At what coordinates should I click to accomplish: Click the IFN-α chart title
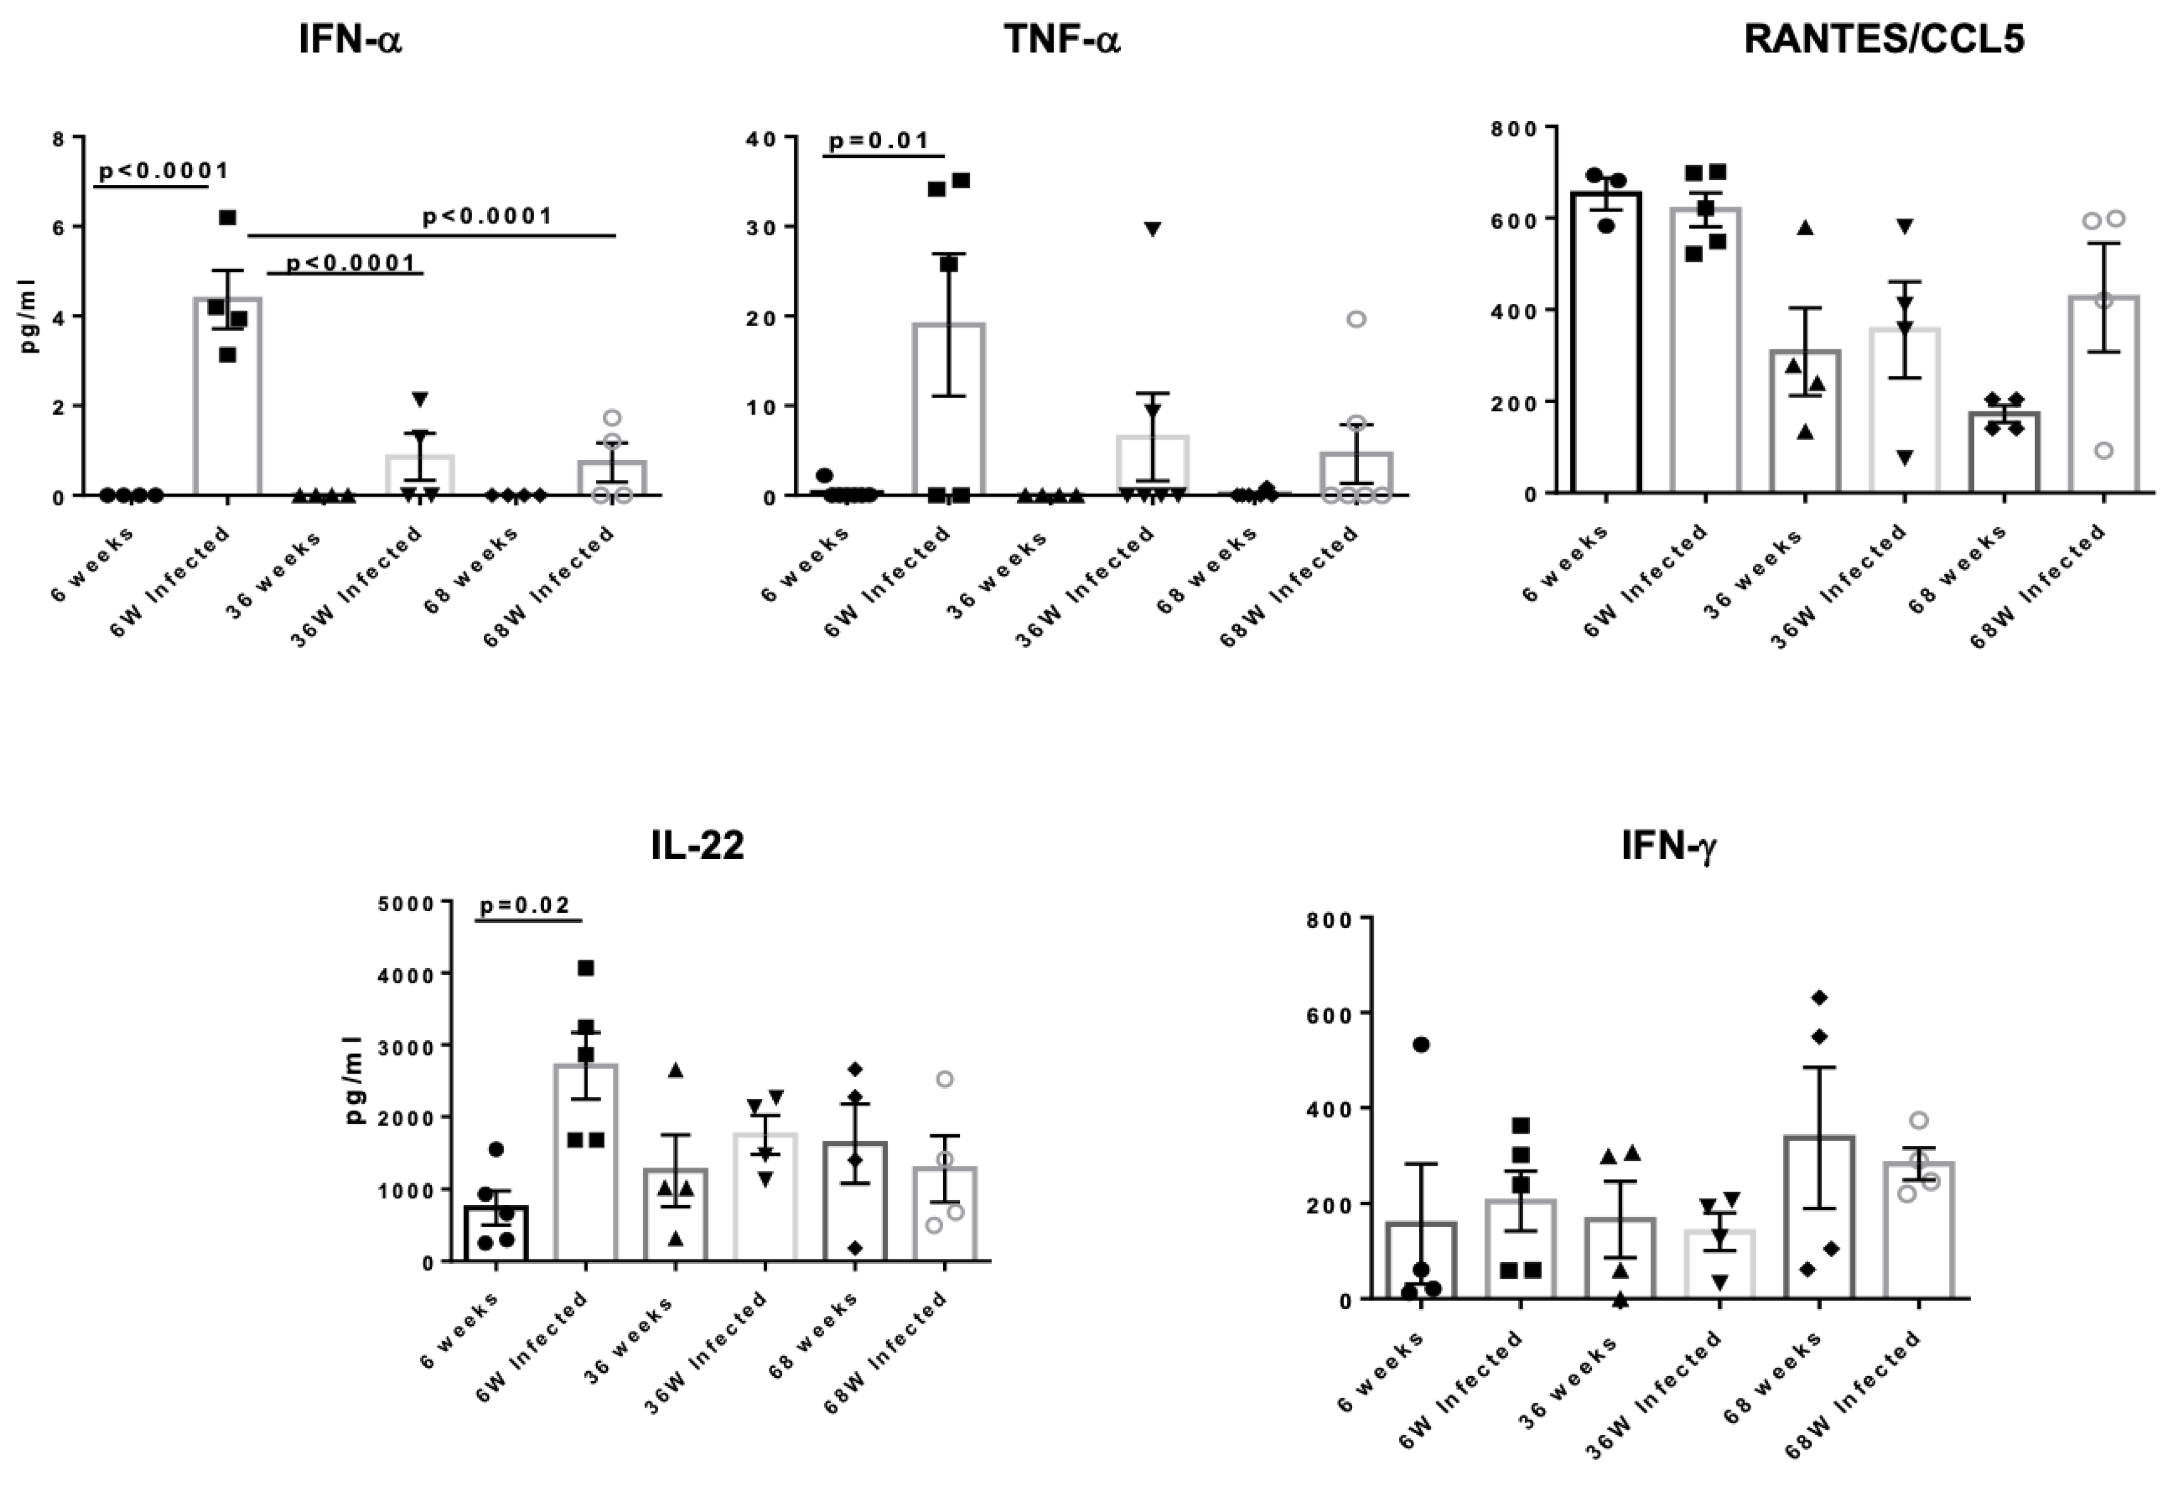pyautogui.click(x=350, y=41)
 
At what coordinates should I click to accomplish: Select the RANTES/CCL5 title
pyautogui.click(x=1884, y=41)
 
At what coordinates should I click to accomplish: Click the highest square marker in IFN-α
pyautogui.click(x=227, y=218)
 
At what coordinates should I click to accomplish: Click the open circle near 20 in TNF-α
pyautogui.click(x=1356, y=319)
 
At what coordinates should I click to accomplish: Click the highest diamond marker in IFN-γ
pyautogui.click(x=1819, y=998)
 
